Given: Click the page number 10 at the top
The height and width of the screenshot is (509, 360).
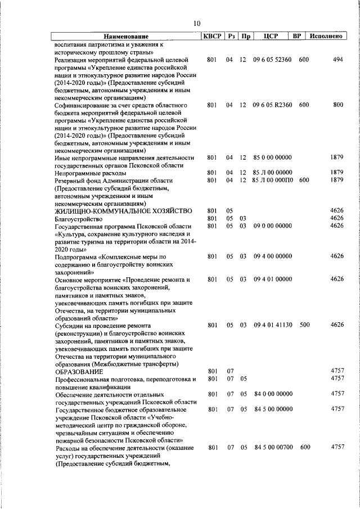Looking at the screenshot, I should coord(196,23).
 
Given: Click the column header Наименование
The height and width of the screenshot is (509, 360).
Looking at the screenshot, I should coord(125,37).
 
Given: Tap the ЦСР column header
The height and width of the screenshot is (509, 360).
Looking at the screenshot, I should coord(272,37).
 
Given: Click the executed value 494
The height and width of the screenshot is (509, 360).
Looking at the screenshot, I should coord(337,59).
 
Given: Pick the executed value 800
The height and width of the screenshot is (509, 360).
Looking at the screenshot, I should coord(337,105).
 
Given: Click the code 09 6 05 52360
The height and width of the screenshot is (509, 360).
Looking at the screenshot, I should coord(272,59).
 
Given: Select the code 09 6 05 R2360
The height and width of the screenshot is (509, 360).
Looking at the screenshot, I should coord(272,105).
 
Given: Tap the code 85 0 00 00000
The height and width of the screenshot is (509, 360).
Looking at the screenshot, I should coord(272,157).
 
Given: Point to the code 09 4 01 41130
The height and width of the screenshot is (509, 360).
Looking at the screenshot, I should coord(272,325).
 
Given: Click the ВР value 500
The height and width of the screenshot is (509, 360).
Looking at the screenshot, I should coord(304,325).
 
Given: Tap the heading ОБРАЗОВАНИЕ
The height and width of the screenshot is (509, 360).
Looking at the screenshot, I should coord(78,371).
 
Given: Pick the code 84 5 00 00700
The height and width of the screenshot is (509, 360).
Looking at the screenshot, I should coord(272,447).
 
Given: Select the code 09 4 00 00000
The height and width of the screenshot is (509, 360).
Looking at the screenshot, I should coord(272,256).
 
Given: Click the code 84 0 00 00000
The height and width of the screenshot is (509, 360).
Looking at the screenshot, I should coord(272,394).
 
